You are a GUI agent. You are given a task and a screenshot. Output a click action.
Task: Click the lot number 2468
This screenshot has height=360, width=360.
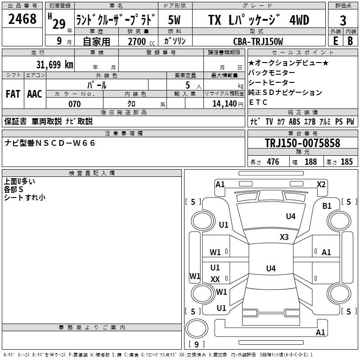click(22, 19)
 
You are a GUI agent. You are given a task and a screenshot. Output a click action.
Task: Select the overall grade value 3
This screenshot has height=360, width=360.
click(343, 21)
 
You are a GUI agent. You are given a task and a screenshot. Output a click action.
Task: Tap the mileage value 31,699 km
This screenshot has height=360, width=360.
click(55, 64)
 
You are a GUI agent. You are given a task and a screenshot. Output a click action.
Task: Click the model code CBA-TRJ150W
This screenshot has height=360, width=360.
click(258, 41)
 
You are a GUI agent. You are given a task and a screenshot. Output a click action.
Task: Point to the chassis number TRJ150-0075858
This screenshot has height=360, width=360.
click(302, 143)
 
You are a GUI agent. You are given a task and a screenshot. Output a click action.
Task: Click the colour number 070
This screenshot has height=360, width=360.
click(74, 104)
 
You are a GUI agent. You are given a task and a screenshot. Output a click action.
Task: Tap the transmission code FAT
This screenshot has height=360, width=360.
click(13, 94)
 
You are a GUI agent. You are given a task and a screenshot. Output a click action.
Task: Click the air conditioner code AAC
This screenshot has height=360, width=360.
click(35, 94)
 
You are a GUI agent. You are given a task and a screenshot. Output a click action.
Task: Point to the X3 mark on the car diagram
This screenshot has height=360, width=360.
click(284, 237)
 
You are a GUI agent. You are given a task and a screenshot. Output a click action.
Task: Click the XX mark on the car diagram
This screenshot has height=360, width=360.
click(215, 279)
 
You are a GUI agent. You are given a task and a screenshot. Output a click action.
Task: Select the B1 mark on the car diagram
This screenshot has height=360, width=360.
click(327, 206)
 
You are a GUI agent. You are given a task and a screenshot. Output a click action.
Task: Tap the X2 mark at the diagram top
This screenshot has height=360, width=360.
click(321, 184)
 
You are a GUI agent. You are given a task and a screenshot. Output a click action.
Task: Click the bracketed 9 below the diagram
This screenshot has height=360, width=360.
click(197, 344)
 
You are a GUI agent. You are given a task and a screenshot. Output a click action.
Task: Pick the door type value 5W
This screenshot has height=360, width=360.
click(175, 20)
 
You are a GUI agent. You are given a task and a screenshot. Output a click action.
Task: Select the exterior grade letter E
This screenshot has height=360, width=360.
click(335, 40)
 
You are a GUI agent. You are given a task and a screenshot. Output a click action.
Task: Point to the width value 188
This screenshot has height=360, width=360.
click(310, 162)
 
